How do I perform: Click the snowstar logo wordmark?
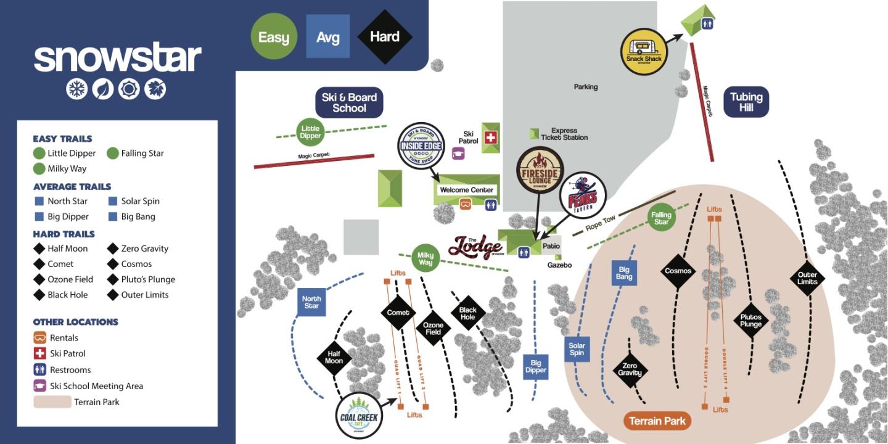(117, 58)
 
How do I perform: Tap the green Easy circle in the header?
(273, 37)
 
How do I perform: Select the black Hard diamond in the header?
(385, 37)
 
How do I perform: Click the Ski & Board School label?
(349, 102)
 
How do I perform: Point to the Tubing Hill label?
(746, 102)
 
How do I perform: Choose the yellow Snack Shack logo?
(644, 52)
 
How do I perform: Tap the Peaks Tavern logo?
(582, 196)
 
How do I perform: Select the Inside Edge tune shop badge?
(421, 146)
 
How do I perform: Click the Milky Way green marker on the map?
(425, 258)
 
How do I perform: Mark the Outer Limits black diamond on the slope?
(807, 278)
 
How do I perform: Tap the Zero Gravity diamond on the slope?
(630, 369)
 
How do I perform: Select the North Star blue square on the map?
(311, 303)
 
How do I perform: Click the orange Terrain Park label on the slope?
(657, 421)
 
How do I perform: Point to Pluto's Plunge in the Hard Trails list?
(148, 279)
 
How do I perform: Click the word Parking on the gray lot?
(585, 87)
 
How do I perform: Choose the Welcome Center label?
(466, 190)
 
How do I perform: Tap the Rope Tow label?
(600, 224)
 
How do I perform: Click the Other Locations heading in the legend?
(75, 322)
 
